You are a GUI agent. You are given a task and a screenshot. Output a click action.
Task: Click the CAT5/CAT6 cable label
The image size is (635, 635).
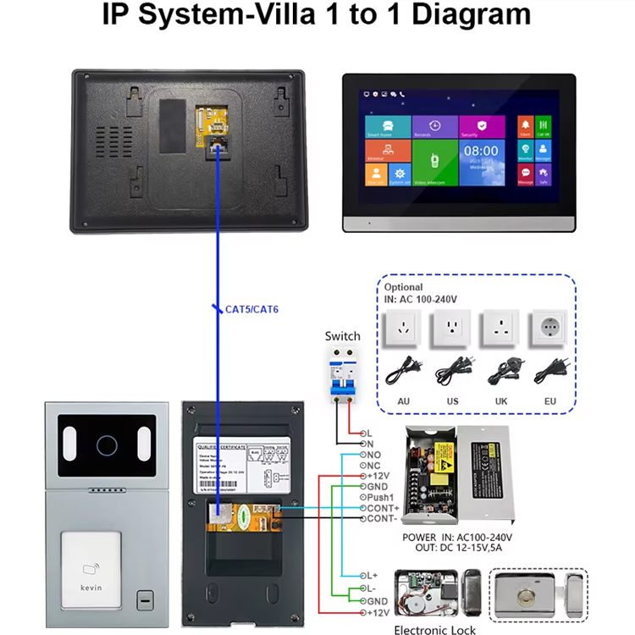(x=251, y=310)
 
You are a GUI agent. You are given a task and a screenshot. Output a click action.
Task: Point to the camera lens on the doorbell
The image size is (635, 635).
(x=106, y=443)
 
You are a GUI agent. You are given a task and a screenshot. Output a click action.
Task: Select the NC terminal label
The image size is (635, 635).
(x=374, y=465)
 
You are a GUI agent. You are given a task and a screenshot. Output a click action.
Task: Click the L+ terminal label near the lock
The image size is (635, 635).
(x=373, y=576)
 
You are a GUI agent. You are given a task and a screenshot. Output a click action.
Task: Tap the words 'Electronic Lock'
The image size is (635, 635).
(x=434, y=630)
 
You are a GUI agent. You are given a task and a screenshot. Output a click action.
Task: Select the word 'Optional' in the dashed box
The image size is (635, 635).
(x=404, y=287)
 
